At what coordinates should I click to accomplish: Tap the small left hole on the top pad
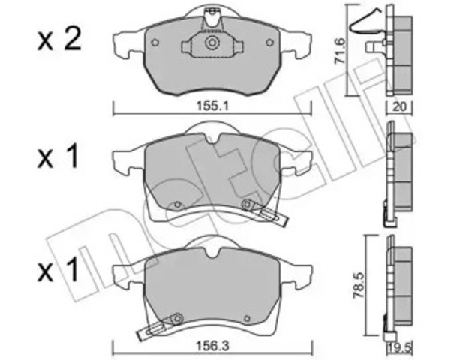(x=154, y=42)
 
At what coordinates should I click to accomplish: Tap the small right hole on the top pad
(x=271, y=42)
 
